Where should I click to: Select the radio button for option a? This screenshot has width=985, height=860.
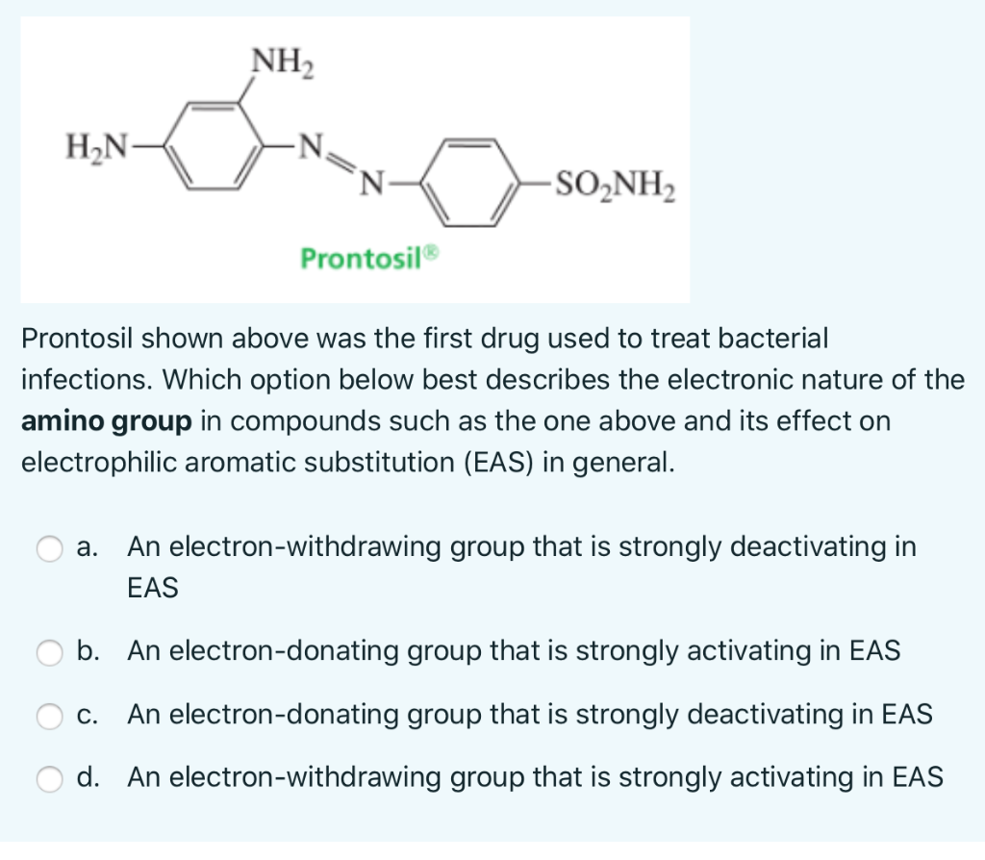click(49, 548)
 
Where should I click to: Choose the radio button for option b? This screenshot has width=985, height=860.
click(49, 652)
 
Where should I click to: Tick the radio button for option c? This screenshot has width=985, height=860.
click(49, 715)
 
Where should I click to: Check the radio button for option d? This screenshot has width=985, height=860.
click(49, 777)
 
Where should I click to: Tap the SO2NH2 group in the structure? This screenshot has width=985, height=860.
click(615, 181)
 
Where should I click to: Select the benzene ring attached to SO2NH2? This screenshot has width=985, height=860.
click(472, 181)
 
